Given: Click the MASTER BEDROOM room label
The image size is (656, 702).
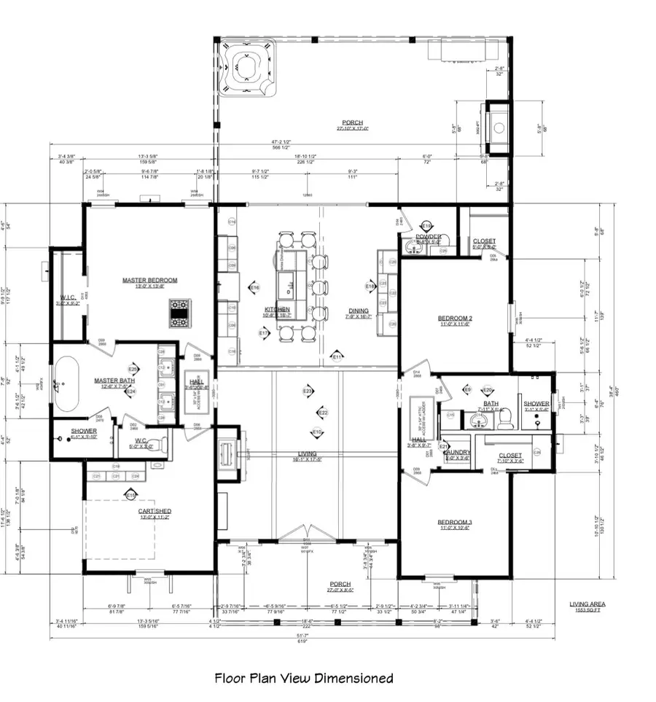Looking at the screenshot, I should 149,280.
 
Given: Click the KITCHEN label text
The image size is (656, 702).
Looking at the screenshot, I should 277,310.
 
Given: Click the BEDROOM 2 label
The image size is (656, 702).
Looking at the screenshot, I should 456,318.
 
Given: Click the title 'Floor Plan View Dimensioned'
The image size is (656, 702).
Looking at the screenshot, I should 303,678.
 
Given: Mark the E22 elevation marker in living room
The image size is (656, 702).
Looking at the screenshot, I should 323,413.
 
